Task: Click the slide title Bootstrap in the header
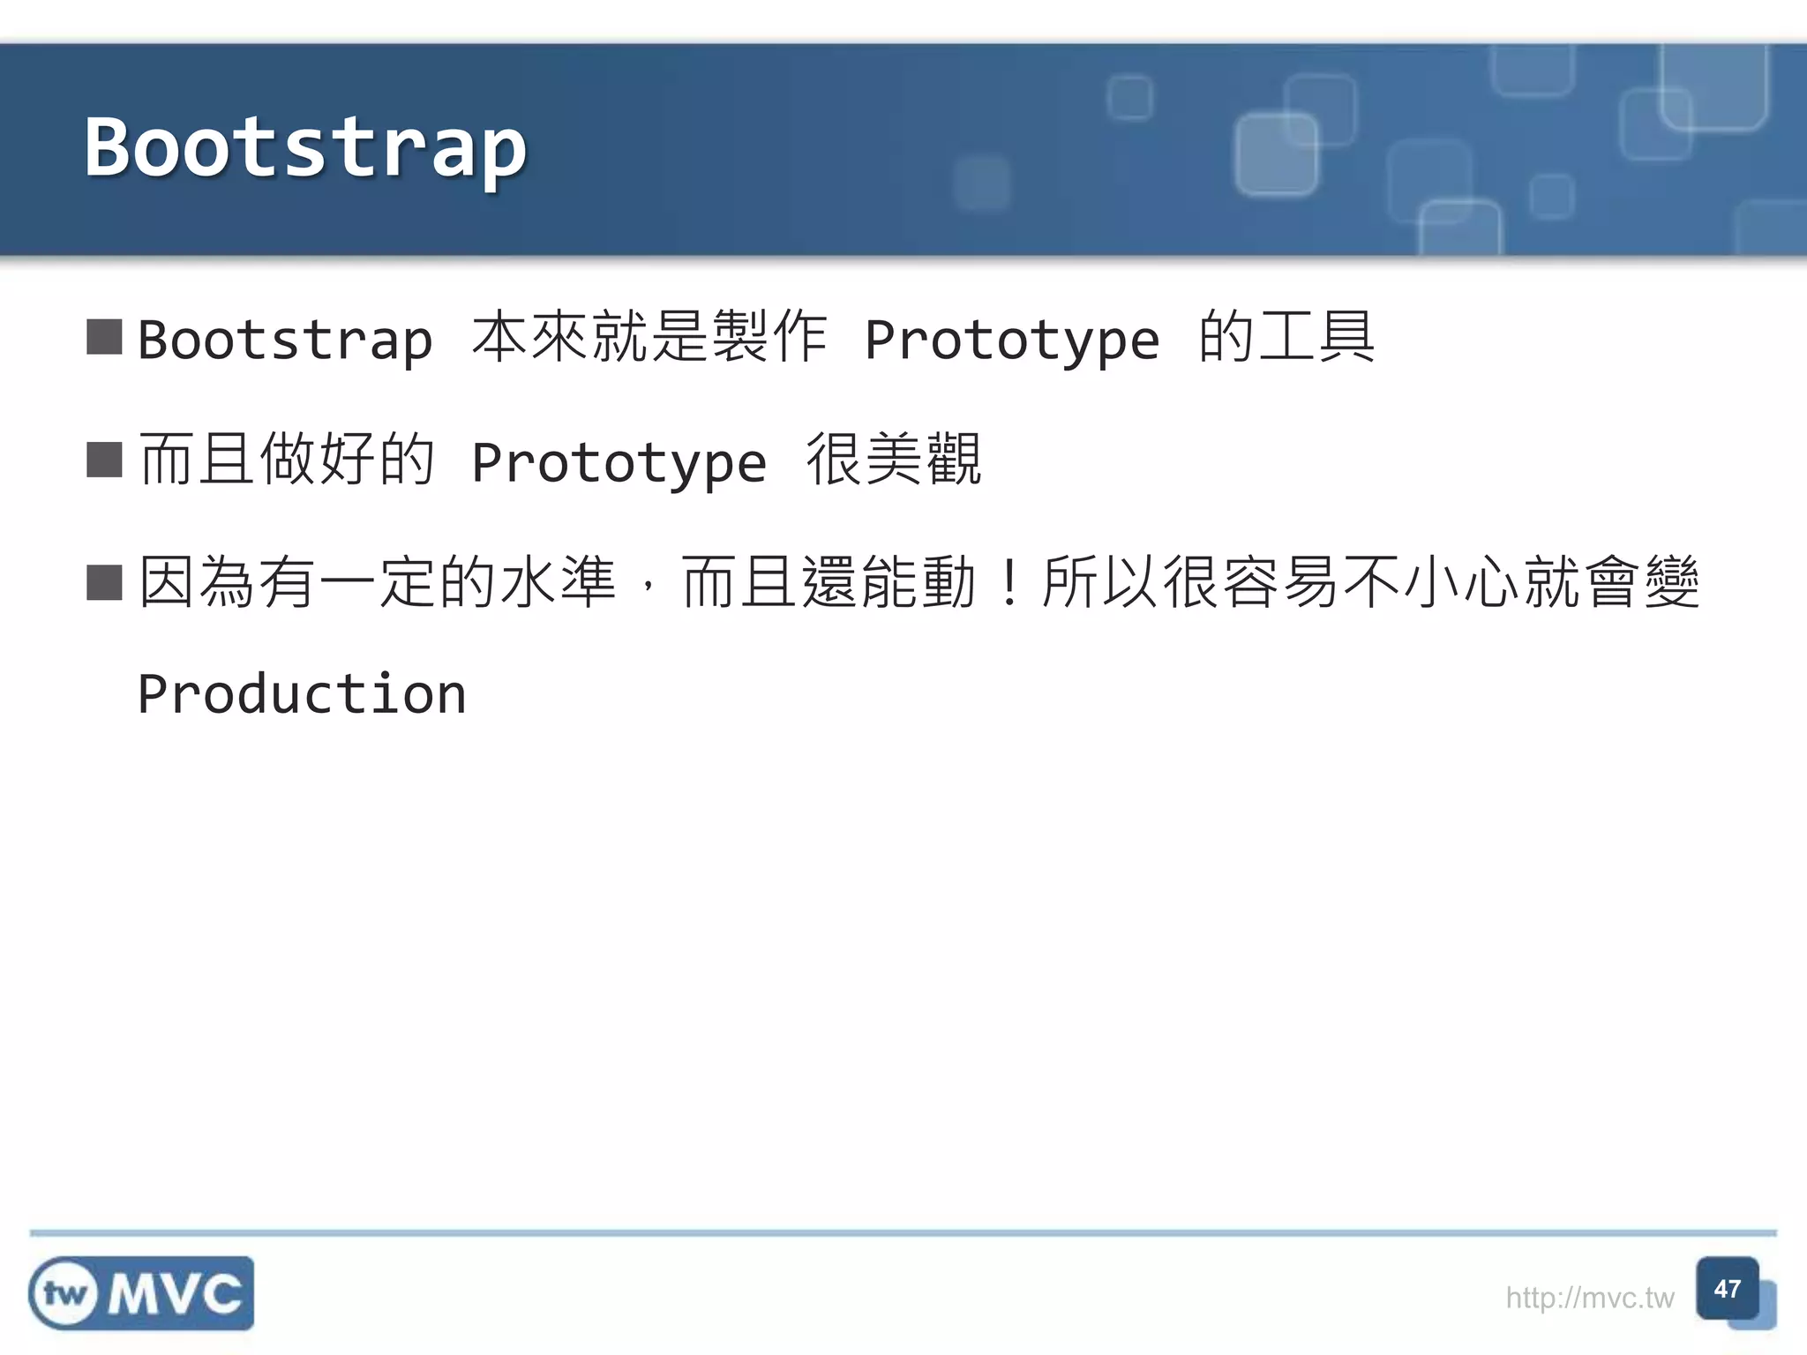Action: click(x=305, y=147)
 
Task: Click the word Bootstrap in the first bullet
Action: click(x=285, y=340)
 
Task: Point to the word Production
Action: click(x=302, y=694)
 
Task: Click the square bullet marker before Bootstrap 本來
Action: click(x=104, y=337)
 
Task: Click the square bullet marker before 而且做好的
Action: click(x=104, y=460)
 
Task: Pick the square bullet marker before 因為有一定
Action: click(x=104, y=582)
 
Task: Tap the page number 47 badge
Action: click(x=1727, y=1289)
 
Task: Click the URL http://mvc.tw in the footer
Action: click(x=1589, y=1298)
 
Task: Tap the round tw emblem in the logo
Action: click(x=64, y=1294)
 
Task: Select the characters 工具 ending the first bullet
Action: click(x=1316, y=337)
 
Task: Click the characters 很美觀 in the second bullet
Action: click(x=894, y=460)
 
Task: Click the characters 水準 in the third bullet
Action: click(x=558, y=582)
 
